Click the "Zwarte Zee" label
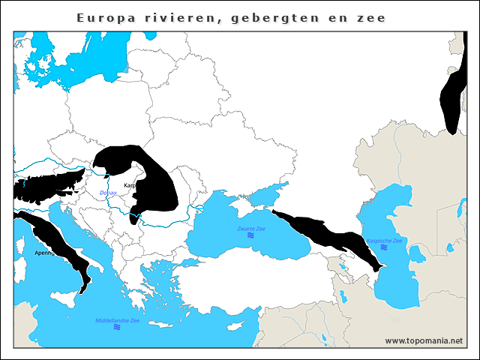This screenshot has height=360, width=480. point(252,228)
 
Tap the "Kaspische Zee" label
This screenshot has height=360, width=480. point(384,241)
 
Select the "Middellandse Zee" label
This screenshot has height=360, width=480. point(117,320)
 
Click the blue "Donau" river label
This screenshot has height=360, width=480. point(109,193)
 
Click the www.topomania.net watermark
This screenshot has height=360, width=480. point(424,340)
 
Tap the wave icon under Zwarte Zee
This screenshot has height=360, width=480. point(252,236)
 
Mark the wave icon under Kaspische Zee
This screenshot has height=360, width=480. point(384,248)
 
